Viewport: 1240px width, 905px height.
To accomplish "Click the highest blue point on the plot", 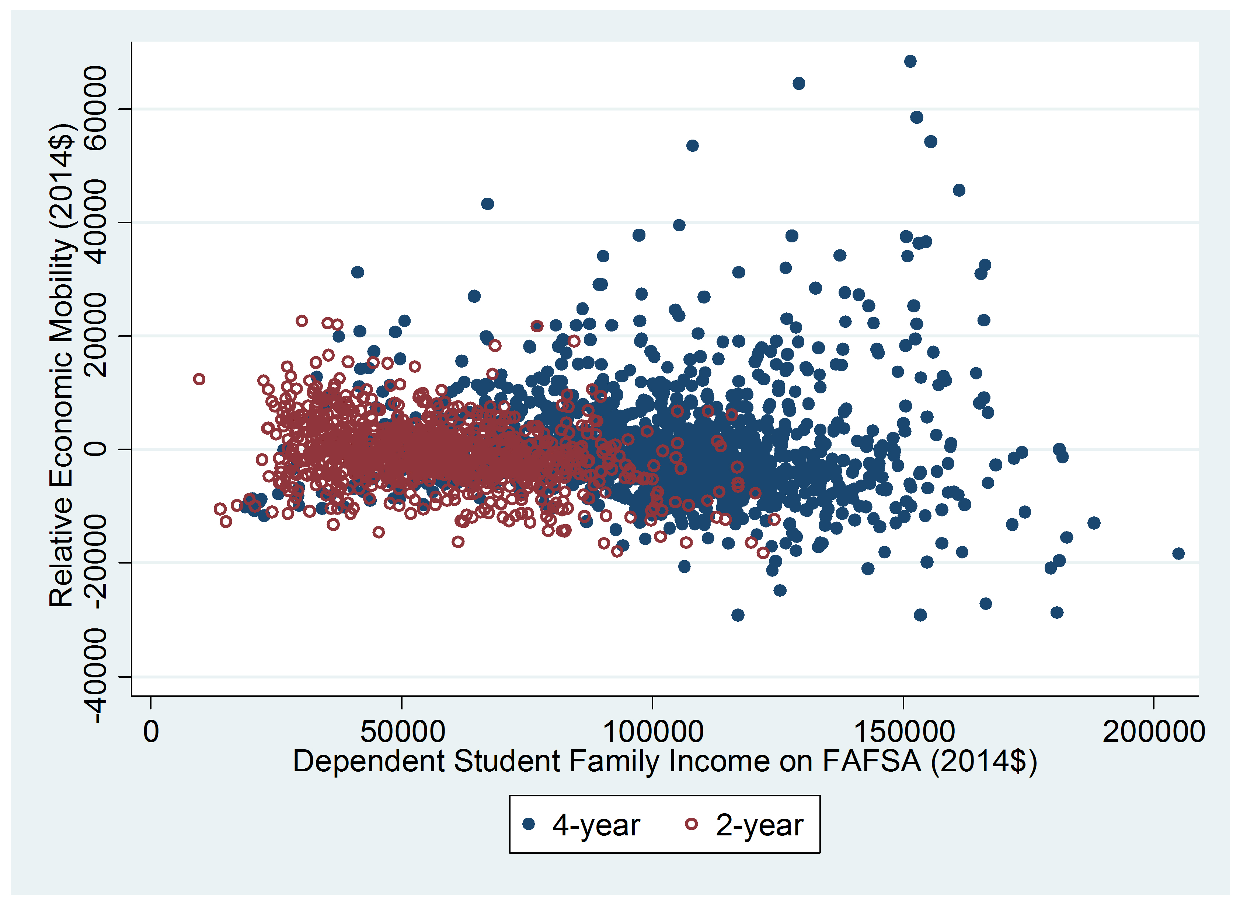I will [x=910, y=62].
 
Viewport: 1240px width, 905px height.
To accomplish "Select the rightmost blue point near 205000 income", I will [x=1178, y=553].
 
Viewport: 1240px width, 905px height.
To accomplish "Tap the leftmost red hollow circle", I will [x=199, y=379].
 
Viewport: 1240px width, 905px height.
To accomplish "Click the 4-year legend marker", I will [x=529, y=824].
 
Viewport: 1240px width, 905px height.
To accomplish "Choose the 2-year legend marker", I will [x=692, y=824].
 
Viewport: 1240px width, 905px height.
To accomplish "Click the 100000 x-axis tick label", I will [x=653, y=732].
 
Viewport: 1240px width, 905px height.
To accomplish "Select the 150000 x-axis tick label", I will [x=904, y=732].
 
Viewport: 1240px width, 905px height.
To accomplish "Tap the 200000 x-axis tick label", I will [x=1153, y=732].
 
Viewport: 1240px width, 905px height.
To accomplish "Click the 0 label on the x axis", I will [x=151, y=732].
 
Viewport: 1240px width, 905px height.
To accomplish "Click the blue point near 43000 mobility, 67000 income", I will [x=487, y=204].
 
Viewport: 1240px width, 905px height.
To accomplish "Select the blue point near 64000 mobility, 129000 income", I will [x=799, y=83].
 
